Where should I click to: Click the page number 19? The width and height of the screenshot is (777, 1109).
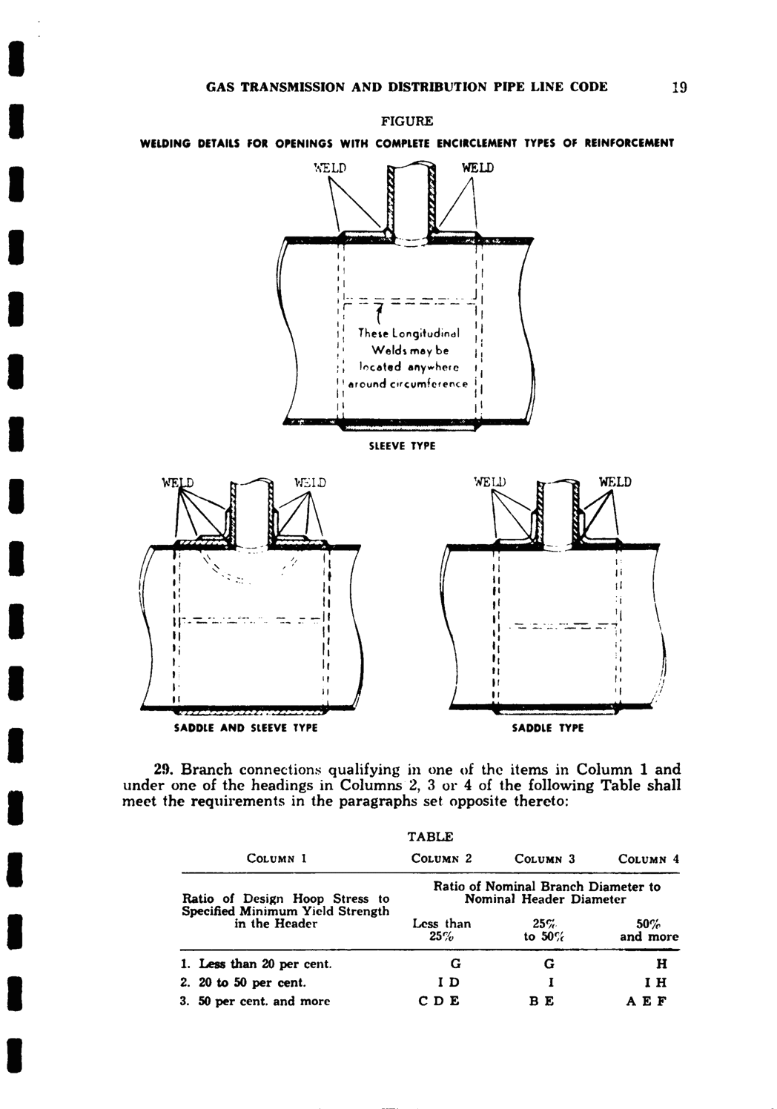pyautogui.click(x=679, y=87)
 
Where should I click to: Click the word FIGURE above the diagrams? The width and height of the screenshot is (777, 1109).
pyautogui.click(x=407, y=120)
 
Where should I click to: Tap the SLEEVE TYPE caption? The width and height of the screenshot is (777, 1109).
pyautogui.click(x=403, y=446)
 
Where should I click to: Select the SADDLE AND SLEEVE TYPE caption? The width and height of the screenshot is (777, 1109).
pyautogui.click(x=245, y=728)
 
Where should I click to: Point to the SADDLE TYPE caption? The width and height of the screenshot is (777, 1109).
pyautogui.click(x=549, y=728)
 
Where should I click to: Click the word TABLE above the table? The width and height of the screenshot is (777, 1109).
pyautogui.click(x=429, y=837)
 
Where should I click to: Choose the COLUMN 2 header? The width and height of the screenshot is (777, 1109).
pyautogui.click(x=442, y=859)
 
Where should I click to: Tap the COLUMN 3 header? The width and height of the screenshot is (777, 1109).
pyautogui.click(x=545, y=859)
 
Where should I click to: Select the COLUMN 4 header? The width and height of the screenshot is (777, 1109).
pyautogui.click(x=649, y=859)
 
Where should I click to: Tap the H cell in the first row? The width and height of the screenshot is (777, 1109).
pyautogui.click(x=662, y=964)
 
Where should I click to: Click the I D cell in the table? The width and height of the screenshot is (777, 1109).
pyautogui.click(x=449, y=982)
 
